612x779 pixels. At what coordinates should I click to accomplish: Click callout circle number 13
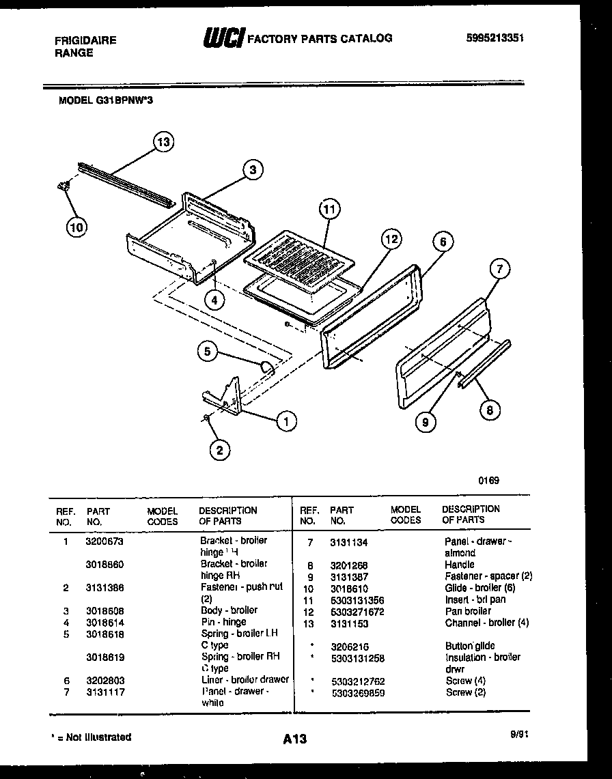163,142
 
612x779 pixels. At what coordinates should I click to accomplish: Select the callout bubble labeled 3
252,170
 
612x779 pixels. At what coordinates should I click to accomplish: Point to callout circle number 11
330,210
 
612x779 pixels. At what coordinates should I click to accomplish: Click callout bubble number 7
499,269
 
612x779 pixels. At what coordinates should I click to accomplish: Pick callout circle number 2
219,449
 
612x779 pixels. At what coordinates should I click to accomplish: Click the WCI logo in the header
223,39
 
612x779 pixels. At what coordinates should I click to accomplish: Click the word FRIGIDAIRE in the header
85,40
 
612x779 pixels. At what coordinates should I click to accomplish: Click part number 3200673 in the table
105,541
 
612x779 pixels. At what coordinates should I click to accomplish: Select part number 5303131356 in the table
357,599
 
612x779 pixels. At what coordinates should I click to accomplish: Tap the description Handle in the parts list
459,565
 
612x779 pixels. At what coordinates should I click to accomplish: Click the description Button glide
470,646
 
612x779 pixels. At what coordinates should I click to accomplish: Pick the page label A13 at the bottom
294,739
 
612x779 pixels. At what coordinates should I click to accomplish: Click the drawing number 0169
488,480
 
